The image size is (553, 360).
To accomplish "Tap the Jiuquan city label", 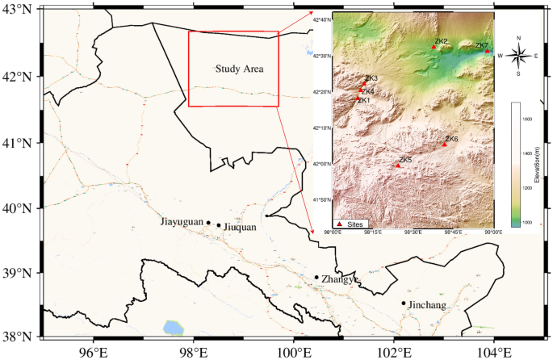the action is [239, 227].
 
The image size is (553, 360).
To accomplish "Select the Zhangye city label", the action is [339, 279].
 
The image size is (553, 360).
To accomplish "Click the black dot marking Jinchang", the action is [404, 303].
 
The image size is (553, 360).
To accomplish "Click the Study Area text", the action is [240, 69].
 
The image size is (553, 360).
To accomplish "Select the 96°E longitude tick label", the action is [94, 351].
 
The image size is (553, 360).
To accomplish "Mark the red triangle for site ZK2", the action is [434, 47].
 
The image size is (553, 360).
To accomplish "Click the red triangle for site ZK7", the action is [488, 51].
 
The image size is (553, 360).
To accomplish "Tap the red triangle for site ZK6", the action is [445, 144].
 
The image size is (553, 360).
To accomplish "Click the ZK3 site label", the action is [371, 78].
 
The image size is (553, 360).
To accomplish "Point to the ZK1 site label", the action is [364, 100].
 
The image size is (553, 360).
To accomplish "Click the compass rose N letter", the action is [518, 38].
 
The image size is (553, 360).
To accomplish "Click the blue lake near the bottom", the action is [173, 327].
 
